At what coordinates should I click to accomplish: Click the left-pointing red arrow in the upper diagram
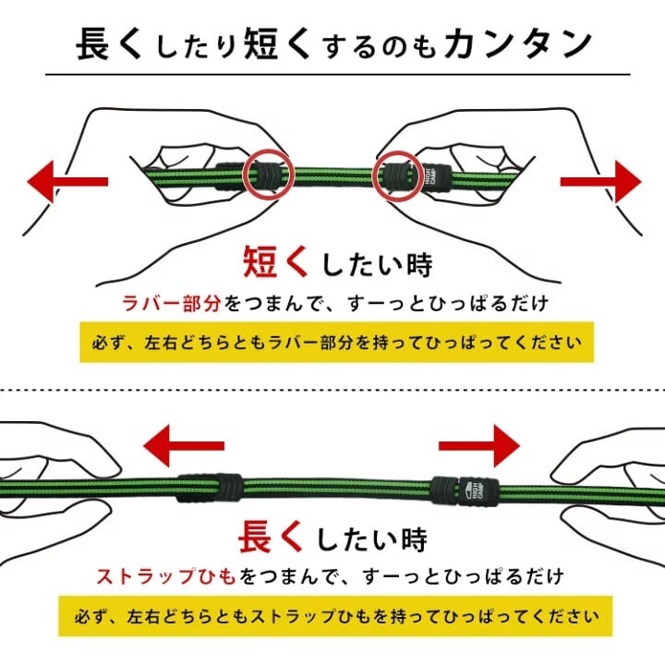67,182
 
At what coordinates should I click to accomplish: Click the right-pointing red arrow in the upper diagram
601,182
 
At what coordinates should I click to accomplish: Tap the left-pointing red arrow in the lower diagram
184,446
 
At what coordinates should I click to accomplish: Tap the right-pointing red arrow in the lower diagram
479,445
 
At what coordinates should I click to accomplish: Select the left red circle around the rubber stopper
244,175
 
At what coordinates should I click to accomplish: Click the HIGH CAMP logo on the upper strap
430,176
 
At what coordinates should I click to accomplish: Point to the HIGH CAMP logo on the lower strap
473,492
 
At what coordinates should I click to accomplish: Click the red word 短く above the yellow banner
275,262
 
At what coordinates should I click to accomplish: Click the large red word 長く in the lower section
271,537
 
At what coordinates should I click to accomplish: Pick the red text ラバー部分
172,304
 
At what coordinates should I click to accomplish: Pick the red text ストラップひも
166,576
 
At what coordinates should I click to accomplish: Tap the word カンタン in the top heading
518,43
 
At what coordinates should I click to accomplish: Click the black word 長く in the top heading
109,43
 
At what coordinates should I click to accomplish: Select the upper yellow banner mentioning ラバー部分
337,343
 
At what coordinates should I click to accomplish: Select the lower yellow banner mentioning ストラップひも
335,616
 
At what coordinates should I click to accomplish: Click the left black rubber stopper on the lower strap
211,488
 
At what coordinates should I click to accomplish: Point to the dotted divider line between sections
332,390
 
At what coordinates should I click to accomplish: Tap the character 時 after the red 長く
414,538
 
